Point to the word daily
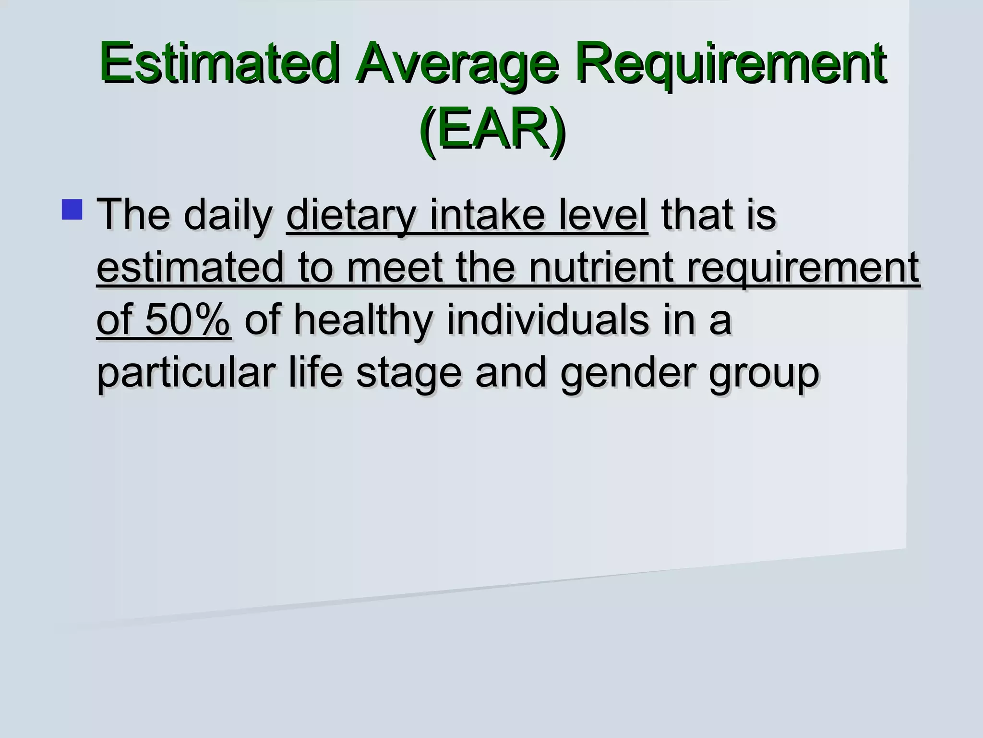[228, 215]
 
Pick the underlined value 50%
[188, 320]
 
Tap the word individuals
[548, 320]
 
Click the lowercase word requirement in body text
[803, 268]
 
